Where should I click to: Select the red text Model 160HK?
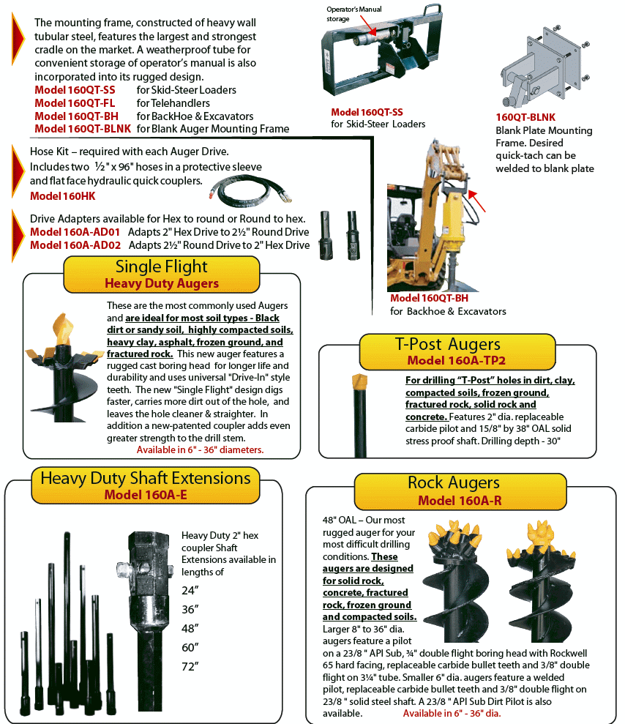click(x=63, y=196)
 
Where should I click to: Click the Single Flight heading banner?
click(x=161, y=274)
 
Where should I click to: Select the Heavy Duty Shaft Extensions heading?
click(x=146, y=485)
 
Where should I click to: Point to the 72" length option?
click(x=190, y=666)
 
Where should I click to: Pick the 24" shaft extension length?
click(x=190, y=590)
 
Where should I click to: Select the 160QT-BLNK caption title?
click(x=525, y=117)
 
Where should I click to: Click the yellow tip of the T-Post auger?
click(x=359, y=381)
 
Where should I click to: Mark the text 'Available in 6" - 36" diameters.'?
click(x=200, y=449)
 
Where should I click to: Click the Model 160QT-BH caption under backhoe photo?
click(x=429, y=299)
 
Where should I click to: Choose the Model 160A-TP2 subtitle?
click(x=457, y=361)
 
